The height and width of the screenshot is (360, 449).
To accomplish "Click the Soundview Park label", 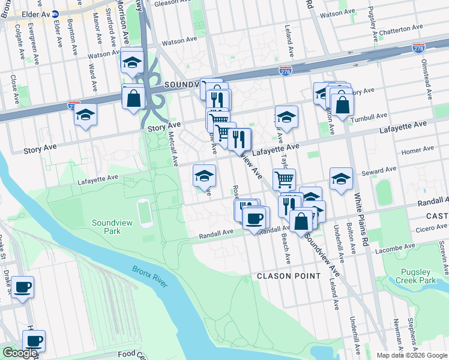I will coord(106,227).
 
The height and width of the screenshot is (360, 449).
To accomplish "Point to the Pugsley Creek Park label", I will coord(418,276).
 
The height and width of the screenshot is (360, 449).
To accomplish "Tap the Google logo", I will coord(20,353).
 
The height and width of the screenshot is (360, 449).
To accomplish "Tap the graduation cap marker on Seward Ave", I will coord(341,178).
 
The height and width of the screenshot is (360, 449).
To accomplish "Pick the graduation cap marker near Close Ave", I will coord(86,113).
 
